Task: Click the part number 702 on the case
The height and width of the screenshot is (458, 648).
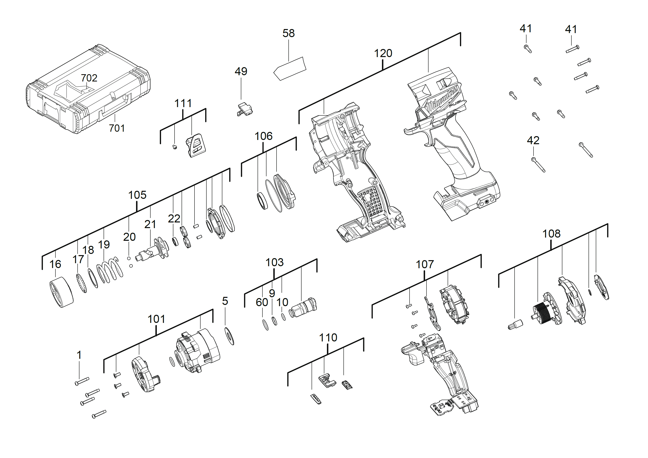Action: [89, 78]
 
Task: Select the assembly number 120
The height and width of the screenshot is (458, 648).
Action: [383, 53]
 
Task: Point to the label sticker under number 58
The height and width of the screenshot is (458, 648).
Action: [290, 69]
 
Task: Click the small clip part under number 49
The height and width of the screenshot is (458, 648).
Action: [244, 109]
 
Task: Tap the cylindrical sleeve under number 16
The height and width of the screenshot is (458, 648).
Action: [61, 292]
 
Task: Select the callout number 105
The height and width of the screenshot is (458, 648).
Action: [137, 195]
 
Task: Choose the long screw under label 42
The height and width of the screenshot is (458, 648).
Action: [539, 165]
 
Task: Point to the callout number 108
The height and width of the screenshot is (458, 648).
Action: [551, 234]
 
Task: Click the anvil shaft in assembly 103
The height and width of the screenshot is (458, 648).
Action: [303, 308]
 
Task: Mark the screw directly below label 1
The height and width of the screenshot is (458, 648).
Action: [82, 381]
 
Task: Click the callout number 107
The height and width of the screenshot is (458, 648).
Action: [424, 265]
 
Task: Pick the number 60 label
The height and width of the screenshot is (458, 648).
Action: [262, 303]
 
